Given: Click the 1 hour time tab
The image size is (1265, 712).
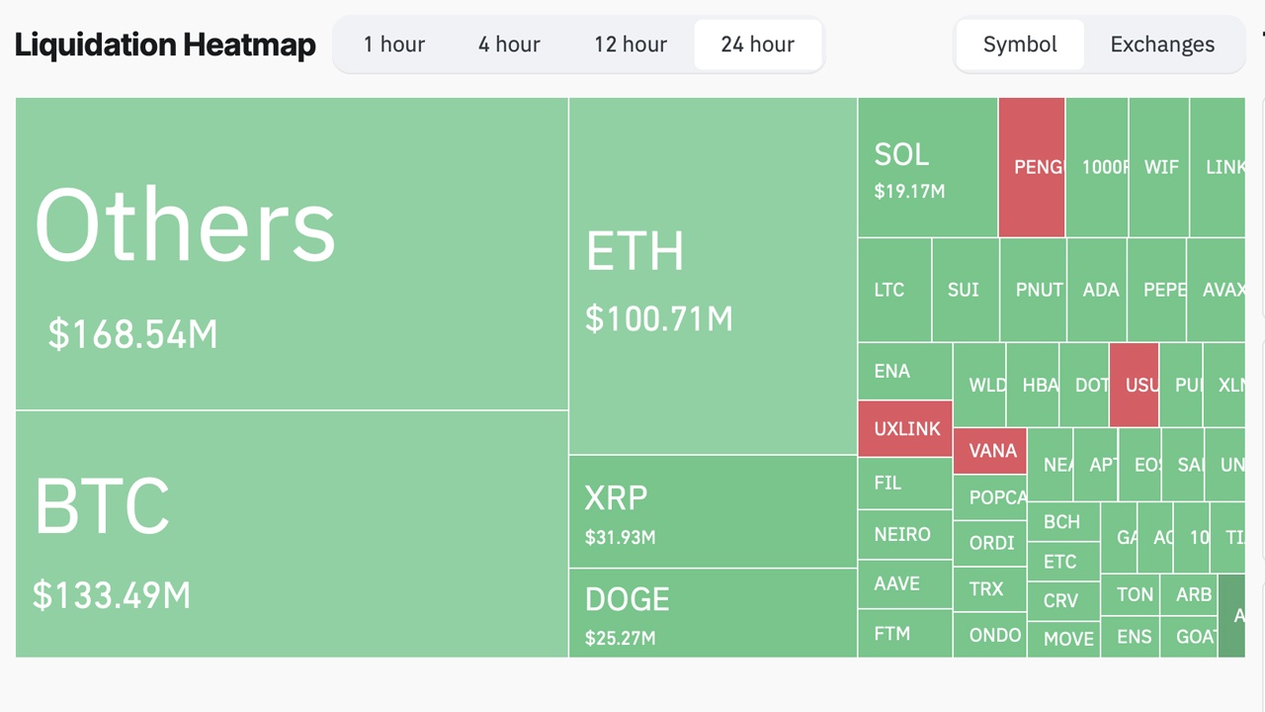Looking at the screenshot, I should coord(393,44).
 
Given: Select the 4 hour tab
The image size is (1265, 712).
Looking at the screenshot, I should coord(509,44).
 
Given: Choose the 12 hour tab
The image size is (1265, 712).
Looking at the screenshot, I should coord(631,44).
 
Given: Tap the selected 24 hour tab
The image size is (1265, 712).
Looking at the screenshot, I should coord(757,44).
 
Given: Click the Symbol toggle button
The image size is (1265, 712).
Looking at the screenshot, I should coord(1020,44).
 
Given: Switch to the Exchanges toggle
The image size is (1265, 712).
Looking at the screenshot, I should coord(1162,44).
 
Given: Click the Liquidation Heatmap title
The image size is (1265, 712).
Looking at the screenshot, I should coord(165,44).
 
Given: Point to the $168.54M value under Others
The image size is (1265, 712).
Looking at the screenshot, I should coord(132,334).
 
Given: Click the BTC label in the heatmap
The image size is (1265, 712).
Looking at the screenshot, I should coord(102,506).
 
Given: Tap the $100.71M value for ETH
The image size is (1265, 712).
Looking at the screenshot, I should coord(659,319).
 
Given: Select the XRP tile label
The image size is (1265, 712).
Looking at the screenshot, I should coord(616,497).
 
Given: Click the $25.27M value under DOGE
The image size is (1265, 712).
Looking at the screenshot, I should coord(620,638).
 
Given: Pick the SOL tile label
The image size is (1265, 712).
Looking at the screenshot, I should coord(901,154).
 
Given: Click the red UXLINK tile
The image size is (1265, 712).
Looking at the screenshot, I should coord(906,429).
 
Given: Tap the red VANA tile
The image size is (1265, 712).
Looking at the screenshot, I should coord(991,451).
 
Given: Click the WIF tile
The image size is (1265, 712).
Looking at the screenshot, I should coord(1160,167).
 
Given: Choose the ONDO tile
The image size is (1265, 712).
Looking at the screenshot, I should coord(994,635).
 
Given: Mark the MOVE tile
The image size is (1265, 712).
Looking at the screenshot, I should coord(1068,639).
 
